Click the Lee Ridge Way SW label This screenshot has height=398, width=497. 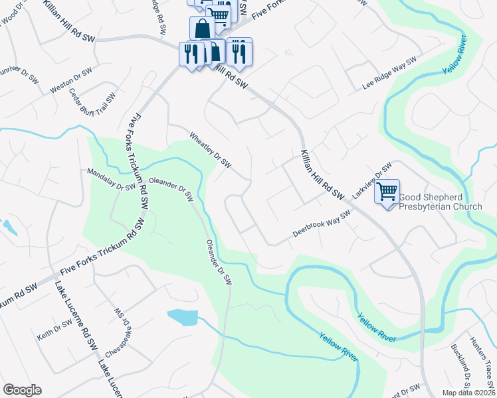pyautogui.click(x=389, y=74)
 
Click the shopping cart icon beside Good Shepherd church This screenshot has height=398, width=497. pyautogui.click(x=387, y=192)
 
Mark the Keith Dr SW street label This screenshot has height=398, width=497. pyautogui.click(x=54, y=329)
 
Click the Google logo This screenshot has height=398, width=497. pyautogui.click(x=22, y=390)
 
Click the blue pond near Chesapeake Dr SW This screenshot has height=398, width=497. pyautogui.click(x=183, y=317)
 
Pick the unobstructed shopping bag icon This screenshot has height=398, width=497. pyautogui.click(x=202, y=29)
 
